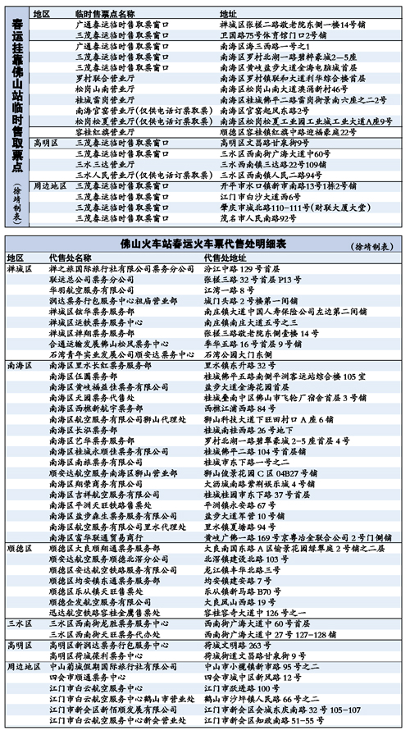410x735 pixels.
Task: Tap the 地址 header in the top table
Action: point(229,16)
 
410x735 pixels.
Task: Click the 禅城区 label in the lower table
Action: point(19,268)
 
